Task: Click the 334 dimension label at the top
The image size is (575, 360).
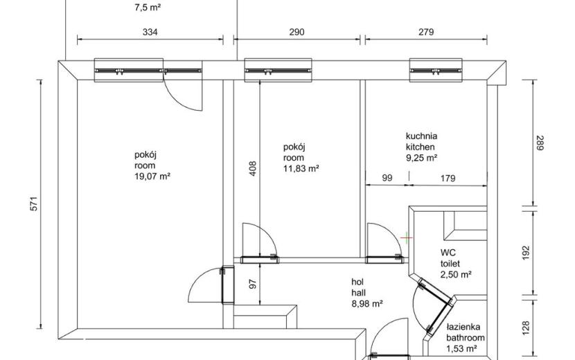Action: (x=150, y=33)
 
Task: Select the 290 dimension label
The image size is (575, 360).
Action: (x=297, y=33)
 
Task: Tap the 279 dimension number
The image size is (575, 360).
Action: (x=426, y=33)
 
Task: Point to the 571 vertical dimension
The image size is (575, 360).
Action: (x=34, y=204)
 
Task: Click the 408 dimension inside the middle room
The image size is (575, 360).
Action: (x=253, y=169)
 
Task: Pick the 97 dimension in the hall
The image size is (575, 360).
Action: (x=253, y=284)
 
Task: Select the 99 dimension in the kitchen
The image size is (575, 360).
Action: (x=387, y=178)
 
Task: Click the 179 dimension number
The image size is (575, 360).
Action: (x=448, y=179)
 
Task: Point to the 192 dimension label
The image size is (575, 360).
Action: (x=526, y=253)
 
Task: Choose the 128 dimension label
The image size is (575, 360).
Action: (x=526, y=328)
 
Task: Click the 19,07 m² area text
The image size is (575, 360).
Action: (x=152, y=177)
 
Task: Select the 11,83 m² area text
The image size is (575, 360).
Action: (x=301, y=169)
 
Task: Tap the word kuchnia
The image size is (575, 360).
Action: (x=421, y=136)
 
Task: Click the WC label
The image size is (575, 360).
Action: (x=448, y=253)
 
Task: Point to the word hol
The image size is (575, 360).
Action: (x=357, y=282)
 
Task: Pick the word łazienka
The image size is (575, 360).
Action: (x=463, y=327)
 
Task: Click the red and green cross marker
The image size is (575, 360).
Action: (x=407, y=238)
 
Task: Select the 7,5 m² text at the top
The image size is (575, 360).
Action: (x=148, y=8)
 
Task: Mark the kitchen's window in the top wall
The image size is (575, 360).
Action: (x=436, y=70)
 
